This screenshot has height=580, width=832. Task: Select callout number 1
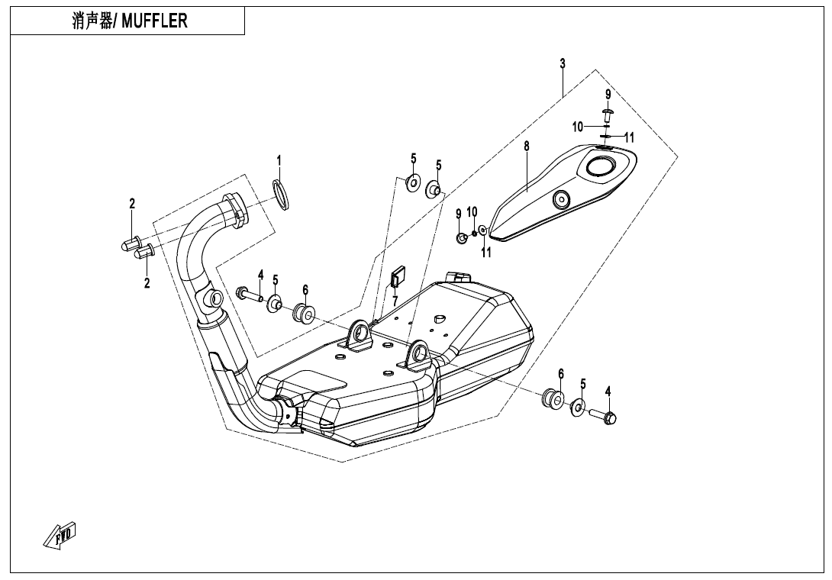279,160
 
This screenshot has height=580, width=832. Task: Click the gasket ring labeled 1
281,195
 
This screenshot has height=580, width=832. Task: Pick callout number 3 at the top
563,63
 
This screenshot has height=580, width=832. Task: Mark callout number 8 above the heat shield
527,146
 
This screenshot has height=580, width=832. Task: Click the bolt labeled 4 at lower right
605,416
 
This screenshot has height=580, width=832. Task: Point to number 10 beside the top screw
578,126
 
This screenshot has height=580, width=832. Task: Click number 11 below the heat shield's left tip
486,253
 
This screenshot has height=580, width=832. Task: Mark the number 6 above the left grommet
305,290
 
